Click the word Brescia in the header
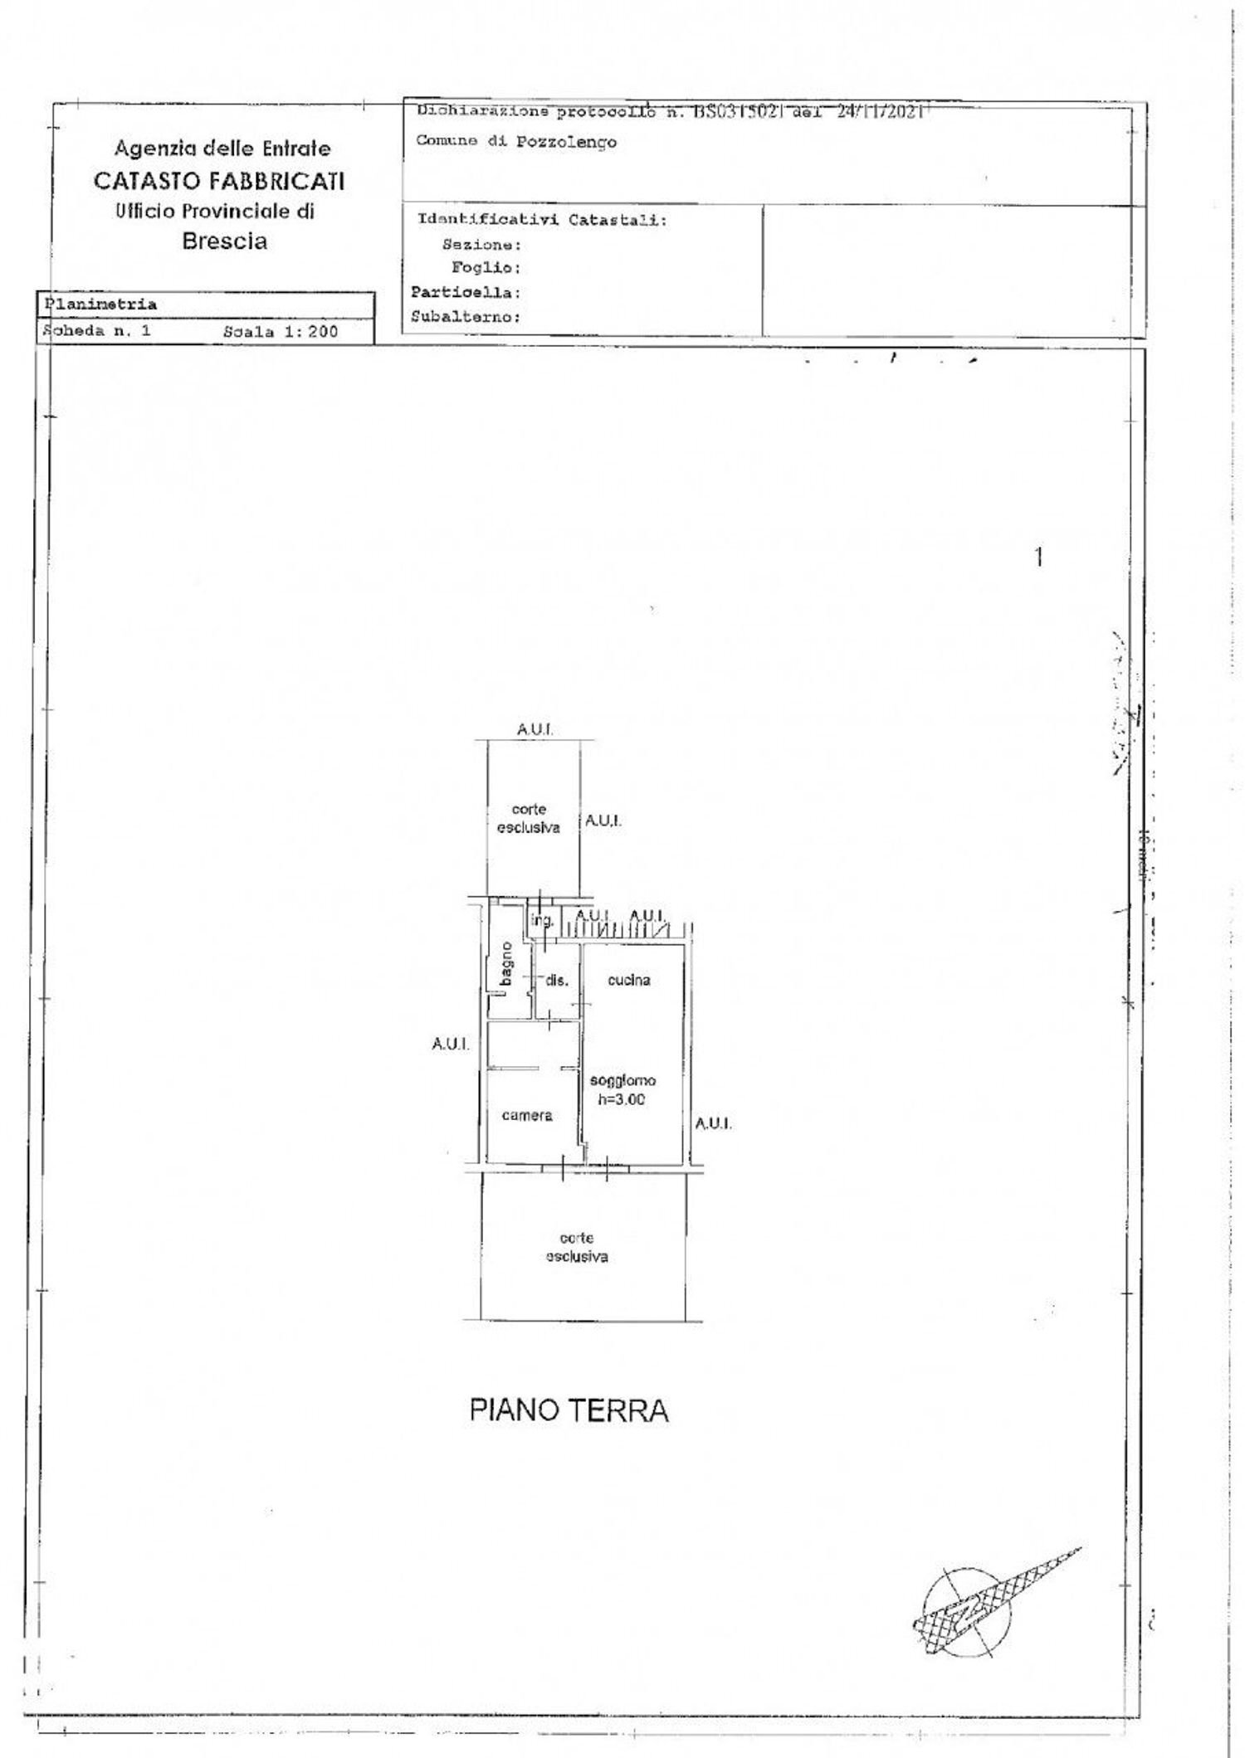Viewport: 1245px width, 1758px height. click(224, 241)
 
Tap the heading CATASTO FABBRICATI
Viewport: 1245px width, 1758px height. click(219, 181)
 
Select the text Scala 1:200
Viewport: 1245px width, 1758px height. click(281, 332)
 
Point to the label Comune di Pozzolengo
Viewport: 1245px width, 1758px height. click(516, 141)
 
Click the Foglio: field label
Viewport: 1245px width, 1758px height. click(486, 268)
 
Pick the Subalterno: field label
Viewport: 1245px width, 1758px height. click(466, 317)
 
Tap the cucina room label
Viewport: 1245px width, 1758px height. click(629, 980)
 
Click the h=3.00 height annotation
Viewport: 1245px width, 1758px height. click(622, 1100)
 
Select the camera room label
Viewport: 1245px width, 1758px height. click(527, 1115)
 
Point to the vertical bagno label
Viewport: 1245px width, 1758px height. click(505, 965)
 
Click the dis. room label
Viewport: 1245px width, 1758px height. click(557, 981)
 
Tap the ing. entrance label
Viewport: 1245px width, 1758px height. click(542, 920)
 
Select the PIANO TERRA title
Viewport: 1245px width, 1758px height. click(569, 1410)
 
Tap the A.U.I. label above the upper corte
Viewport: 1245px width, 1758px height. click(535, 730)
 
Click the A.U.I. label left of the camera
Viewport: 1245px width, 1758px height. click(450, 1044)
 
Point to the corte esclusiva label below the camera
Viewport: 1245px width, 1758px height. click(577, 1247)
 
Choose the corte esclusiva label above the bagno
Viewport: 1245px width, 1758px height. click(529, 818)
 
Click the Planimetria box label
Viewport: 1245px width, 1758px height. click(100, 304)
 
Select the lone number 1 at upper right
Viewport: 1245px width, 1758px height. click(1038, 558)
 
